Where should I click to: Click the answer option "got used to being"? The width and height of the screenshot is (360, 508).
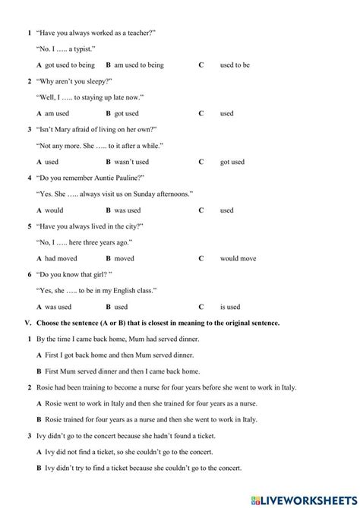click(x=70, y=65)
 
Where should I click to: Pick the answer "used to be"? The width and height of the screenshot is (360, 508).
click(x=235, y=65)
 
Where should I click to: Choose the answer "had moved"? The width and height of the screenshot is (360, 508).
click(x=62, y=258)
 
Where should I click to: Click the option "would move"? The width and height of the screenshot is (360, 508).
click(x=238, y=258)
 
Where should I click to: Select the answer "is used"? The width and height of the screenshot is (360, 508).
click(x=230, y=307)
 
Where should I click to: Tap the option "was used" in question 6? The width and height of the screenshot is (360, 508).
click(x=58, y=307)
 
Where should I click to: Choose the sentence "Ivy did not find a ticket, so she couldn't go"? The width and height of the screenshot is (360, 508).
click(x=134, y=452)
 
